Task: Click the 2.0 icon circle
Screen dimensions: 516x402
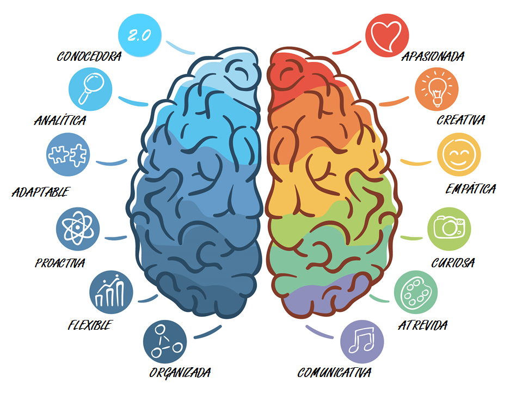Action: click(x=140, y=35)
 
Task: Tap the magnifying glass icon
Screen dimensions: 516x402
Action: click(x=90, y=89)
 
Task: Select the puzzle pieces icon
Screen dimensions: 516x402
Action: click(x=68, y=154)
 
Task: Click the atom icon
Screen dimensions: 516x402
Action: click(x=78, y=229)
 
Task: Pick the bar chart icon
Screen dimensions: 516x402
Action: click(x=111, y=292)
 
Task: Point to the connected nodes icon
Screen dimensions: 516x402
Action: click(x=165, y=342)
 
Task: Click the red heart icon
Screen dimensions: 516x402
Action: click(x=387, y=35)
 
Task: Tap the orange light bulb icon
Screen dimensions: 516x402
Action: click(x=437, y=89)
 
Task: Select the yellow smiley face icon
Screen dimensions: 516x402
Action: click(x=459, y=154)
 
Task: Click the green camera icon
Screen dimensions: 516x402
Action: click(x=449, y=229)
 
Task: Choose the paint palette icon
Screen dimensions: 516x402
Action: click(x=416, y=292)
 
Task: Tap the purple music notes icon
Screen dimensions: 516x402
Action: click(x=362, y=342)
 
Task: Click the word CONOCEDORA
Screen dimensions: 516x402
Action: click(x=89, y=56)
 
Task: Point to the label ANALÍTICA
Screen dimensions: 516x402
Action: click(x=60, y=120)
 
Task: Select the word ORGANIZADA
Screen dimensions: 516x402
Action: click(x=180, y=373)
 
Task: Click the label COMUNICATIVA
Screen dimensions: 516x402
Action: click(x=334, y=373)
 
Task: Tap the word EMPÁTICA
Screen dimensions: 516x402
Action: click(x=471, y=189)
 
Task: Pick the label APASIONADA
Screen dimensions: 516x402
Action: click(x=433, y=56)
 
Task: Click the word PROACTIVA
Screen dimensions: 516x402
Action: click(x=60, y=263)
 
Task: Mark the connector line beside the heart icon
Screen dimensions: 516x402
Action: click(x=347, y=48)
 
